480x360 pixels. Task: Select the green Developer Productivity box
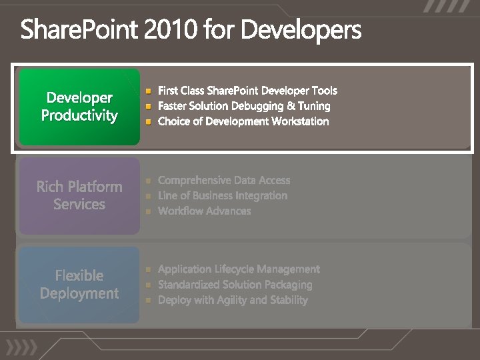79,107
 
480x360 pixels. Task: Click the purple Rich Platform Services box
79,195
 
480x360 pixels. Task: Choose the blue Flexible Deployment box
79,285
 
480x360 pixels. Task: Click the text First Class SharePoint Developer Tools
247,91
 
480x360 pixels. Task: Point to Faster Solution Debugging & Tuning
244,106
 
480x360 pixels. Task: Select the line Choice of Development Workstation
243,121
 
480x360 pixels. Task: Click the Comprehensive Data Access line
224,180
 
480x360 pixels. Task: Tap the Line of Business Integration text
223,195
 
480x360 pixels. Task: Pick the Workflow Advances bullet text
204,211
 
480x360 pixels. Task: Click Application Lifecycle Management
239,269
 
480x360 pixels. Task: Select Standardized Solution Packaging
235,285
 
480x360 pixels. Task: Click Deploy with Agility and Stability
233,300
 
